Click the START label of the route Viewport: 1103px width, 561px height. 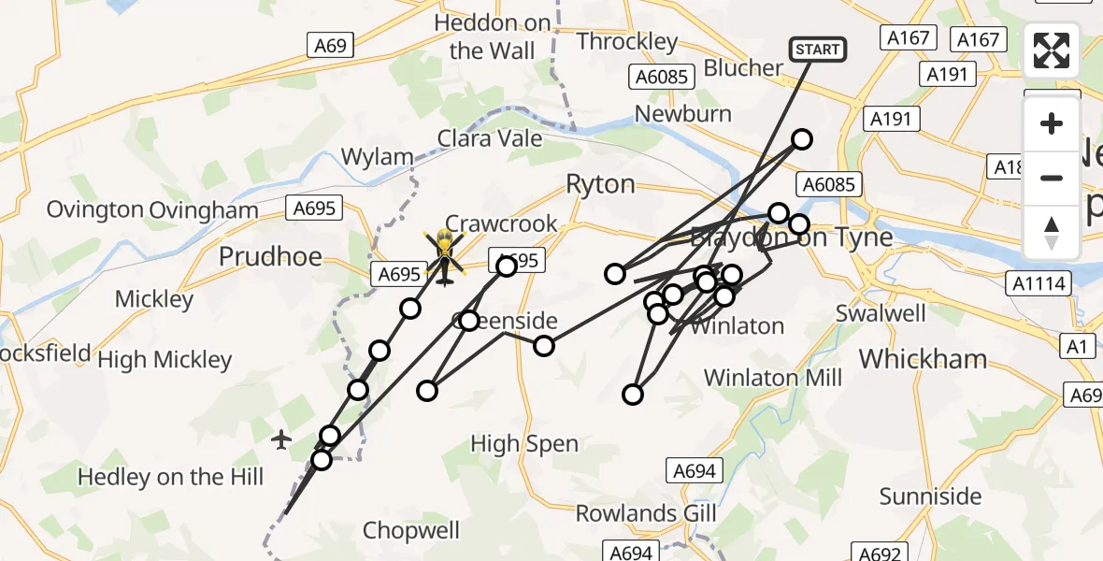coord(818,49)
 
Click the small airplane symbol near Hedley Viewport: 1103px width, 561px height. coord(281,439)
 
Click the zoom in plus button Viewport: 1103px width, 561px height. coord(1052,123)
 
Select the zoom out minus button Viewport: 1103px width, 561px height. coord(1052,178)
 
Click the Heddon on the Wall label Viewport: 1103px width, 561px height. coord(493,36)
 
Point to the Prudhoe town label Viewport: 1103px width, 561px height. coord(270,256)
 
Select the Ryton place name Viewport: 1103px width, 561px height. coord(600,184)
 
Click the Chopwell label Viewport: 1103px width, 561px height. coord(411,531)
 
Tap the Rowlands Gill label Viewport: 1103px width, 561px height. coord(646,513)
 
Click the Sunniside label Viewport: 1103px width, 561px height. coord(931,496)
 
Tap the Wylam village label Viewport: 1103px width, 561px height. coord(377,157)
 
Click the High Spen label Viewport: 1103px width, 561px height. coord(524,444)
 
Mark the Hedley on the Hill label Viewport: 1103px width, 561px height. coord(170,477)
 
